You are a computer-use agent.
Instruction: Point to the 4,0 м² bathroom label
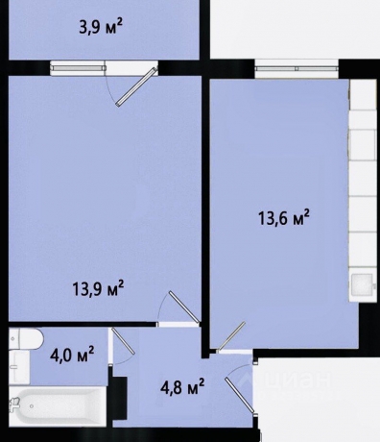(72, 356)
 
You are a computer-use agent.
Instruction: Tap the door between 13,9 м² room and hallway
(178, 309)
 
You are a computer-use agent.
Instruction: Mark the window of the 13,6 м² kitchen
(293, 67)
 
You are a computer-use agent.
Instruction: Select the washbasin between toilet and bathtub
(16, 370)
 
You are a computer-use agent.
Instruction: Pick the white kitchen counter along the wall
(363, 192)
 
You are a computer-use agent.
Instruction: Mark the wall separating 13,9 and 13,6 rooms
(204, 211)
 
